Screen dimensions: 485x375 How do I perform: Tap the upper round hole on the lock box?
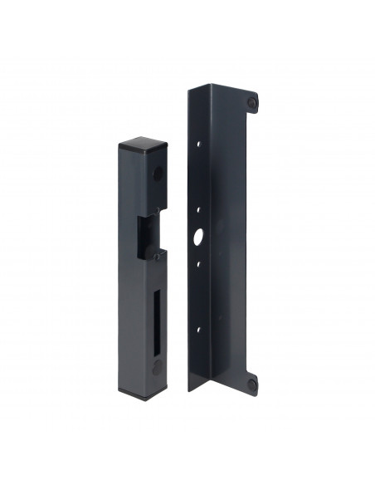click(x=157, y=175)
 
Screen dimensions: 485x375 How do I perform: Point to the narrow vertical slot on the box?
click(x=158, y=311)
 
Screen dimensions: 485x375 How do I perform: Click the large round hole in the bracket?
click(x=200, y=236)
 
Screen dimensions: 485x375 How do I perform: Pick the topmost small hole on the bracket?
click(x=200, y=143)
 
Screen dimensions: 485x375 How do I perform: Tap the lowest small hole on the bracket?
click(x=200, y=330)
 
